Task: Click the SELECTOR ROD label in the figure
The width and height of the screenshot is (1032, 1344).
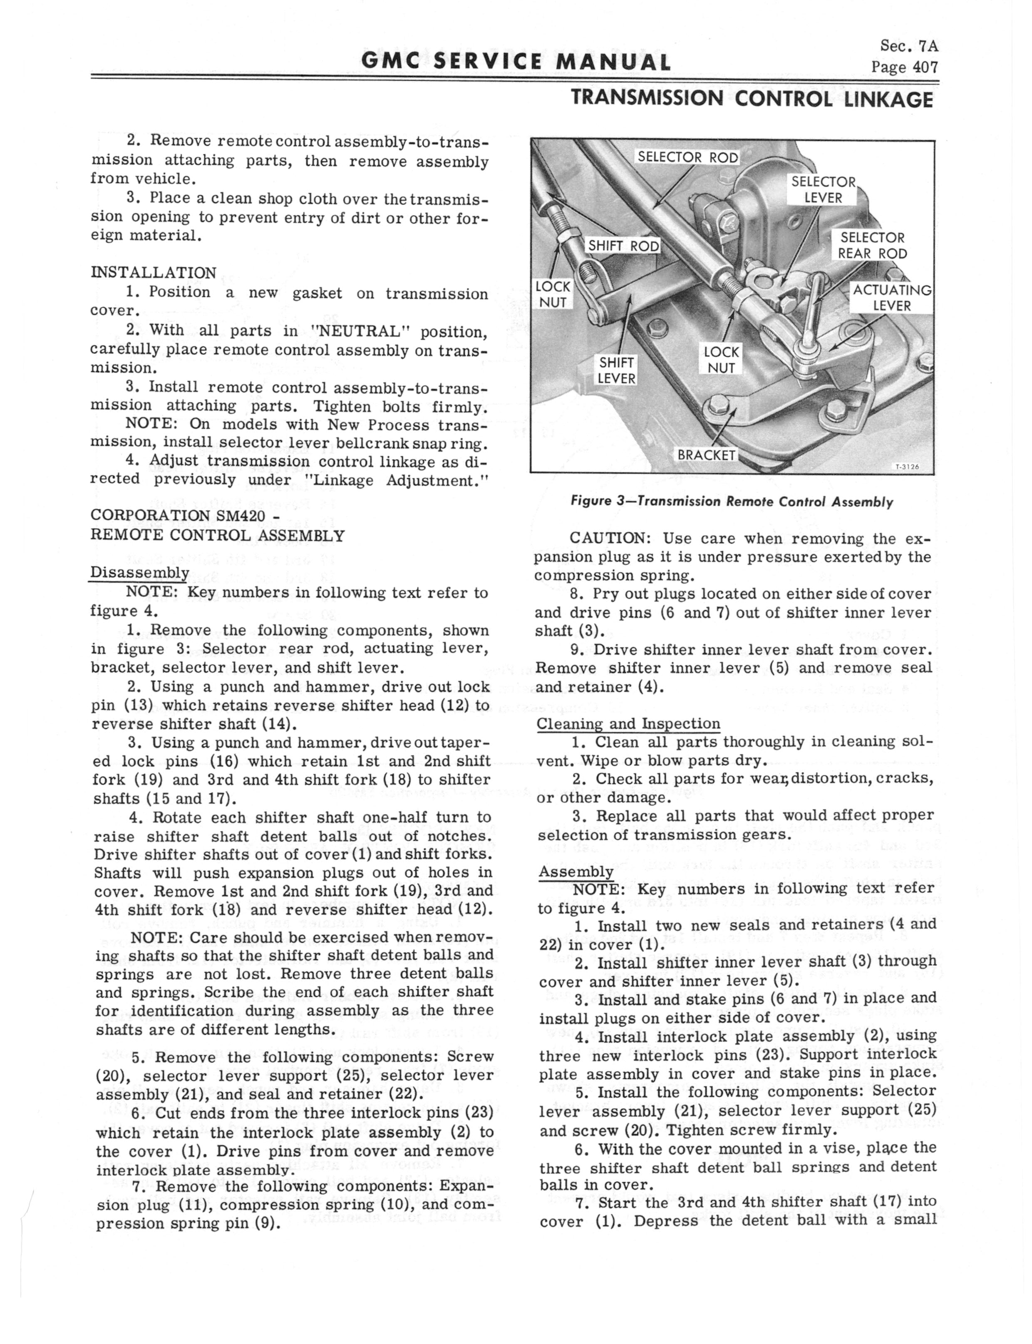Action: (x=687, y=157)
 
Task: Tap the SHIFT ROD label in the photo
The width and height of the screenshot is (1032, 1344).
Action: (x=623, y=246)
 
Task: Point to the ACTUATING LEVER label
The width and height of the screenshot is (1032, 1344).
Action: (x=891, y=298)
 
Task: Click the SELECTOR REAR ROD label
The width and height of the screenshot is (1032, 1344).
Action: (x=872, y=246)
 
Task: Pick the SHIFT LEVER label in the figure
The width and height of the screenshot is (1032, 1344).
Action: (x=617, y=370)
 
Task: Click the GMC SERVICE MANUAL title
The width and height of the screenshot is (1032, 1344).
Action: (x=516, y=62)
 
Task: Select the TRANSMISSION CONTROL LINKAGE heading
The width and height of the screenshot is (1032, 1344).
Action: (x=752, y=99)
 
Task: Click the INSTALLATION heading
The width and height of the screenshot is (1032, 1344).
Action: (x=153, y=273)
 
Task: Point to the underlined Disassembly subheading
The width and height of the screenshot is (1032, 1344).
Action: (x=139, y=572)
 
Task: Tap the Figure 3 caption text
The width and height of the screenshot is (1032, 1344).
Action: (x=732, y=501)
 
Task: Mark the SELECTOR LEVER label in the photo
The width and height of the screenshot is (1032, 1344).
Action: (x=823, y=190)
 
